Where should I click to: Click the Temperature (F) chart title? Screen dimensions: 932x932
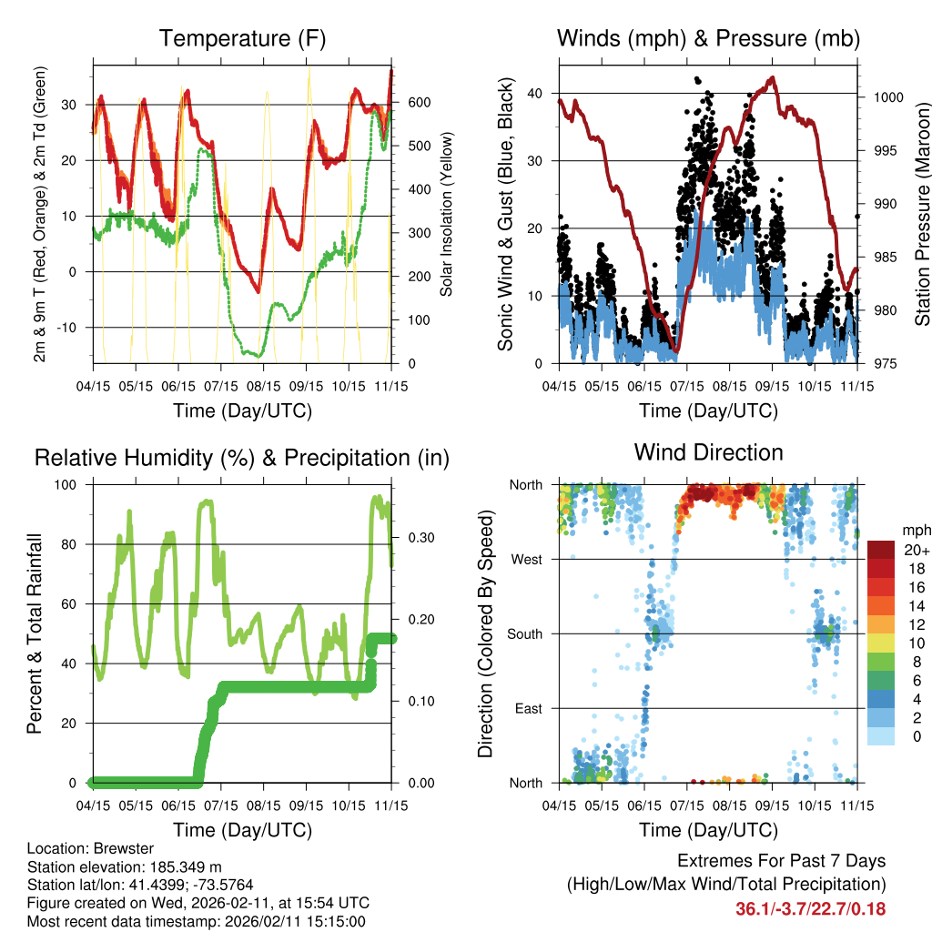tap(242, 38)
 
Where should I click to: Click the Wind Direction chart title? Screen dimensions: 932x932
tap(708, 451)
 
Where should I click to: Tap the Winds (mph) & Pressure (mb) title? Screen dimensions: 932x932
tap(708, 38)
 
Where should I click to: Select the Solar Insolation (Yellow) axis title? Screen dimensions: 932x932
tap(446, 215)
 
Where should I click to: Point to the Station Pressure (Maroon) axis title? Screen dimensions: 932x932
tap(921, 215)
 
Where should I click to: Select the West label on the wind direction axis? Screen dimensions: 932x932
tap(525, 560)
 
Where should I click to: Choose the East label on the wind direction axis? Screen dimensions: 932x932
tap(527, 708)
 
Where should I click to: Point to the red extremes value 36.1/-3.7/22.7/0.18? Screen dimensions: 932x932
tap(810, 908)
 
